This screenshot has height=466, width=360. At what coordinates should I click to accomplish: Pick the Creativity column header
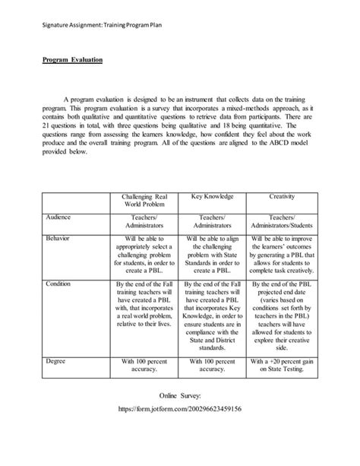pos(282,196)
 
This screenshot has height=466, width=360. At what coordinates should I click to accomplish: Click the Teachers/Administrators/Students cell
pos(282,221)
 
